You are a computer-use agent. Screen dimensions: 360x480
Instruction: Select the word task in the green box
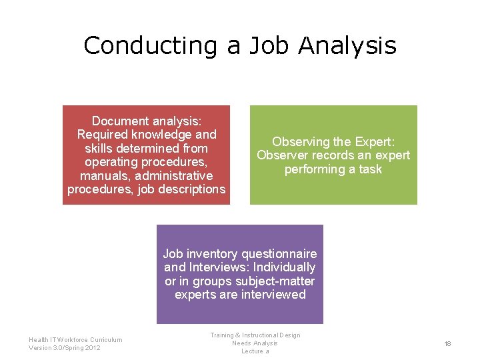pos(370,169)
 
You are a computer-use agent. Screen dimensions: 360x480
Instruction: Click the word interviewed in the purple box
pos(273,295)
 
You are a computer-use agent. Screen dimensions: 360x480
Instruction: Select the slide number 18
pos(448,343)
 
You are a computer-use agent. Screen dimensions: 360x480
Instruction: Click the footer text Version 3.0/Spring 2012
pos(65,348)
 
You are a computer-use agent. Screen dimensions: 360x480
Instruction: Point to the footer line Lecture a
pos(255,351)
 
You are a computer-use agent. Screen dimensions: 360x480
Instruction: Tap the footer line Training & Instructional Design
pos(255,335)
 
